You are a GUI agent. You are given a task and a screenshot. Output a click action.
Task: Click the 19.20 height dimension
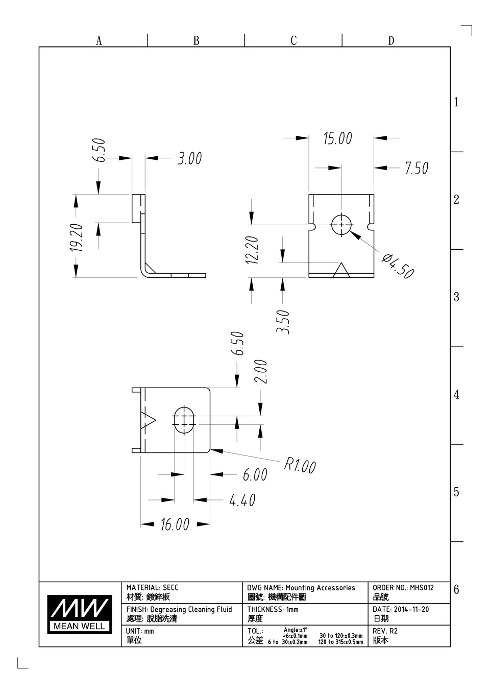coord(77,237)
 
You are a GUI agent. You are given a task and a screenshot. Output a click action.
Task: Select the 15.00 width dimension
coord(337,138)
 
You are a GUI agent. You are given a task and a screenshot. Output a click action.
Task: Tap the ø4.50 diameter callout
coord(398,266)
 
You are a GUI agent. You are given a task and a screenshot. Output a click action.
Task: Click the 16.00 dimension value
coord(175,524)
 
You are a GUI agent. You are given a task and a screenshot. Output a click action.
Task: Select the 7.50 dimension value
coord(416,168)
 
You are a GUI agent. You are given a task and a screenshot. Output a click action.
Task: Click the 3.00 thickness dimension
coord(189,158)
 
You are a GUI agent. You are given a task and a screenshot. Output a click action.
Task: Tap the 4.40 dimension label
coord(242,500)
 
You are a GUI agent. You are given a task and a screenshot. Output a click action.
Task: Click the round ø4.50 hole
coord(341,225)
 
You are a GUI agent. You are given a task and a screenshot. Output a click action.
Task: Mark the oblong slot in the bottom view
coord(184,420)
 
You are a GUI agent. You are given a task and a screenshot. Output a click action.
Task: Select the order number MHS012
coord(422,587)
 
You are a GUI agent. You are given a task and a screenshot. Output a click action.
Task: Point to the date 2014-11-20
coord(411,609)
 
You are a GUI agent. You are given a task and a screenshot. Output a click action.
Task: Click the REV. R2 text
coord(385,631)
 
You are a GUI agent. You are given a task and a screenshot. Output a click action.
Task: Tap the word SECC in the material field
coord(170,587)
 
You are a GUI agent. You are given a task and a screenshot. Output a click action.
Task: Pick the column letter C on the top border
coord(293,40)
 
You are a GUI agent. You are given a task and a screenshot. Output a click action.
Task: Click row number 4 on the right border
coord(456,395)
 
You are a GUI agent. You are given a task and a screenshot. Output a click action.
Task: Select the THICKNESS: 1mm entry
coord(273,609)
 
